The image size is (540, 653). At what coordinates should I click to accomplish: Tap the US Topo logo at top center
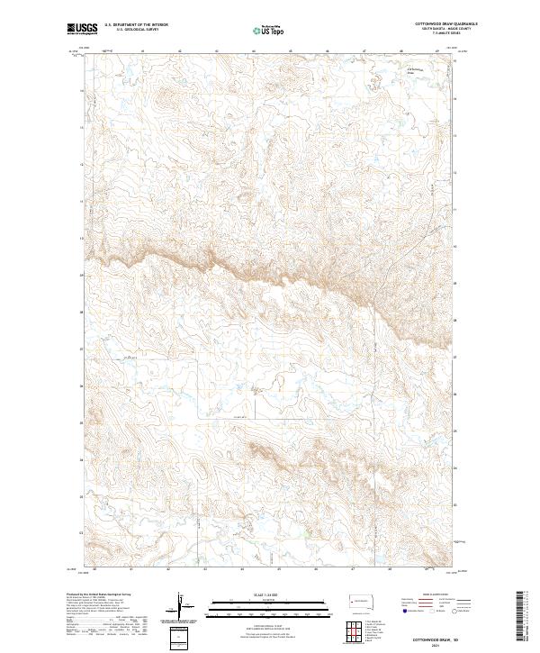[x=269, y=29]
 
